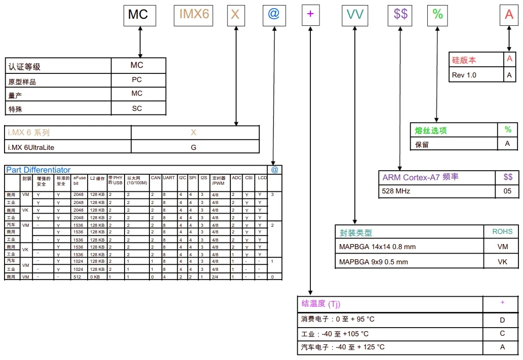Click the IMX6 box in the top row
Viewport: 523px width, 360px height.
pyautogui.click(x=194, y=14)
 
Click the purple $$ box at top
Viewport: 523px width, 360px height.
pyautogui.click(x=400, y=14)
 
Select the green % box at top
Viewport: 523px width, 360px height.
pyautogui.click(x=438, y=14)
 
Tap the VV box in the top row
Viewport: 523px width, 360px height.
pyautogui.click(x=355, y=14)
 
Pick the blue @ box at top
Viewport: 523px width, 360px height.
pyautogui.click(x=273, y=14)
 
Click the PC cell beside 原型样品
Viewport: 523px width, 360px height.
pyautogui.click(x=137, y=80)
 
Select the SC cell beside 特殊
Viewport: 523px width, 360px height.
pyautogui.click(x=137, y=108)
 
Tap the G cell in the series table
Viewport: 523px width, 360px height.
pyautogui.click(x=193, y=147)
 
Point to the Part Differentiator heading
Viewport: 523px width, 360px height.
pyautogui.click(x=38, y=170)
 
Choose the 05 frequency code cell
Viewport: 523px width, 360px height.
pyautogui.click(x=508, y=191)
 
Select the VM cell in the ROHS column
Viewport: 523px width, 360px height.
pyautogui.click(x=502, y=247)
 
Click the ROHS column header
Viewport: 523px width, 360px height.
pyautogui.click(x=502, y=232)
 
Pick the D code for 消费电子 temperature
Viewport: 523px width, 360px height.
pyautogui.click(x=502, y=320)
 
